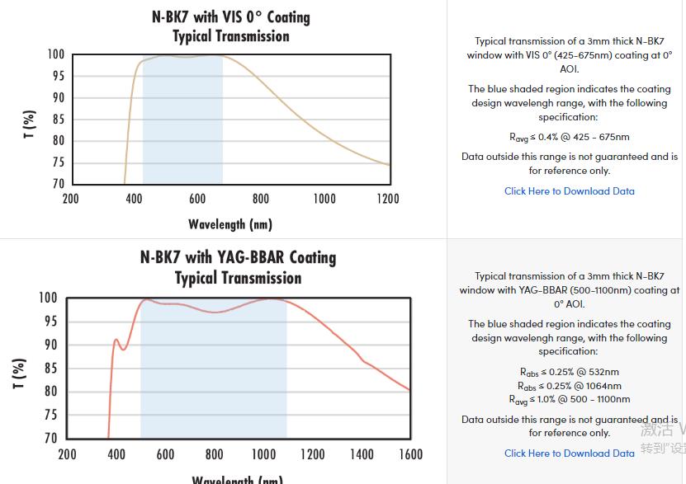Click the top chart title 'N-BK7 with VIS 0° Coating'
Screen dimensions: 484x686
(231, 16)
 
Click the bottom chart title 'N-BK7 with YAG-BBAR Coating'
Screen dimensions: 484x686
(238, 257)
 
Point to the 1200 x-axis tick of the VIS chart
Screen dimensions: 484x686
(388, 199)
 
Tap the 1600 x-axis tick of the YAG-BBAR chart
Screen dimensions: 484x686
(409, 454)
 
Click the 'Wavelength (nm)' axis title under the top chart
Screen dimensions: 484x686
(230, 224)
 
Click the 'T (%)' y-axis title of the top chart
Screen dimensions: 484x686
(30, 124)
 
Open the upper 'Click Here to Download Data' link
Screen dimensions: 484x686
(570, 191)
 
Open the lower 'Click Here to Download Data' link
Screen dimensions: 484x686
(570, 453)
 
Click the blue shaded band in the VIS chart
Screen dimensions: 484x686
(182, 124)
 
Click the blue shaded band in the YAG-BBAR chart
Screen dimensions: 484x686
(213, 371)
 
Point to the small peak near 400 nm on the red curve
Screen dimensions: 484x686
(116, 340)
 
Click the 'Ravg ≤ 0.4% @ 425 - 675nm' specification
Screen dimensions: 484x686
(570, 137)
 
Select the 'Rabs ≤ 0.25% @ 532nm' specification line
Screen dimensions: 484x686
(570, 372)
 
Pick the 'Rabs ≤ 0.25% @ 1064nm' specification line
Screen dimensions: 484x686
(570, 386)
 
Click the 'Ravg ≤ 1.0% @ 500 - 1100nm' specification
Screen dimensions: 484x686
(570, 400)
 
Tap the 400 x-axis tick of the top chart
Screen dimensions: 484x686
(134, 199)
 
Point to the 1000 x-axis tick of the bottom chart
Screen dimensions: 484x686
(263, 454)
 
